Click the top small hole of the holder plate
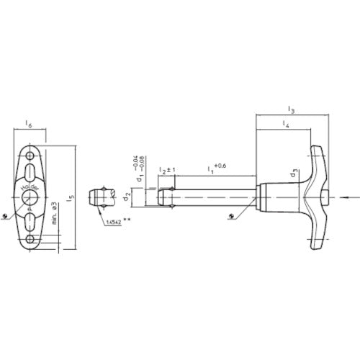point(30,156)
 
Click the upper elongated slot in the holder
point(30,173)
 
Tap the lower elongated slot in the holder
point(30,221)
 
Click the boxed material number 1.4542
point(112,223)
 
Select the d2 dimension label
point(127,195)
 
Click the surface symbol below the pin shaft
point(231,215)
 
